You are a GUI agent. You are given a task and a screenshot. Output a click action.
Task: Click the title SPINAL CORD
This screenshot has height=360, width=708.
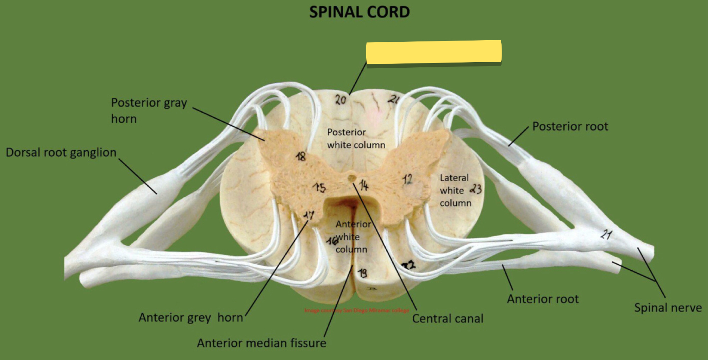coord(359,12)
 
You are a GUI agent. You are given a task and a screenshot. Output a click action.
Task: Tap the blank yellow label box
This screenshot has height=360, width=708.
coord(433,52)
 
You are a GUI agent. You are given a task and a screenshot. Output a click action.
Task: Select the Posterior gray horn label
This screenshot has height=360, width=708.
coord(149,110)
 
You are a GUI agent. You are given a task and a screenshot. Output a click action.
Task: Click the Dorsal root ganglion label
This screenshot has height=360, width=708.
coord(61,152)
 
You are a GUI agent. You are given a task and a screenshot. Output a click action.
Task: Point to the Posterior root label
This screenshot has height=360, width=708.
coord(570,126)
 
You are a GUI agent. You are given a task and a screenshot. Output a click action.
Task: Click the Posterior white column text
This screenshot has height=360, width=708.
coord(356,139)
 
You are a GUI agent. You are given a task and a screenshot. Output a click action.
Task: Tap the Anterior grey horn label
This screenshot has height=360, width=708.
coord(191,318)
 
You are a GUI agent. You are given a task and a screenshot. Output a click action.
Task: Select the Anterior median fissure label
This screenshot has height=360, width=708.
coord(261,343)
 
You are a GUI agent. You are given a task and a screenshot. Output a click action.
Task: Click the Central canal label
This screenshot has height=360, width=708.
coord(448,319)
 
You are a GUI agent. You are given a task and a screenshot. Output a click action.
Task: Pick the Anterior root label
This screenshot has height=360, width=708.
coord(543,299)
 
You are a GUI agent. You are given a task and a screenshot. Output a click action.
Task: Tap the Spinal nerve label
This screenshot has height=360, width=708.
coord(667,308)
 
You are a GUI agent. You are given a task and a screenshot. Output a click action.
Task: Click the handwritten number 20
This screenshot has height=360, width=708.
coord(341,100)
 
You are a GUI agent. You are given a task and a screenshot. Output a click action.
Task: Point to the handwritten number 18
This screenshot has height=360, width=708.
coord(300,156)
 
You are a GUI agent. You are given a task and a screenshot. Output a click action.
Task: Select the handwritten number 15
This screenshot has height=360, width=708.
coord(320,188)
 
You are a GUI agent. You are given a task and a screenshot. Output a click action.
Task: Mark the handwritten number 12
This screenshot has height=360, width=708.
coord(408,179)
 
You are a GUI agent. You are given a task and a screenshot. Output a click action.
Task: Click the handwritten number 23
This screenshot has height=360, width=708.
coord(476,189)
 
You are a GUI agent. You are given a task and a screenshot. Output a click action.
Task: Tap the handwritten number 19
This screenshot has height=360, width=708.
coord(363,273)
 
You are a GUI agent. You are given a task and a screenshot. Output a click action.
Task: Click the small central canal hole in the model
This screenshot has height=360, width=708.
coord(352,177)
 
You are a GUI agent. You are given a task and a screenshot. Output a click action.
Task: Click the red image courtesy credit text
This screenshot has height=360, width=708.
coord(357,310)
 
